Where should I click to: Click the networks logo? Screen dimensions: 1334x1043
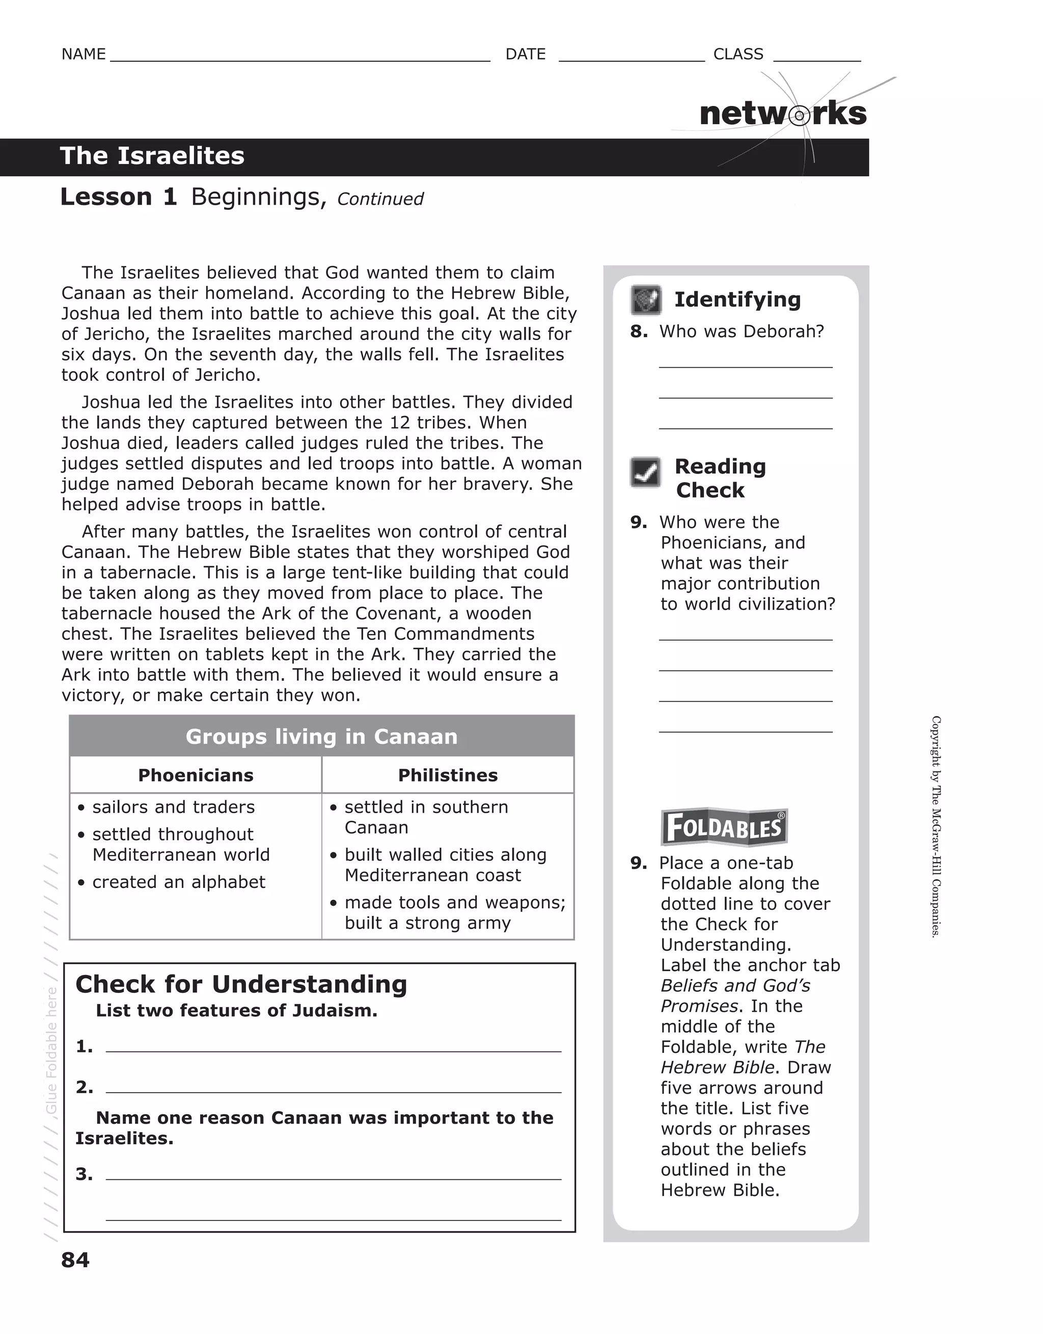point(783,114)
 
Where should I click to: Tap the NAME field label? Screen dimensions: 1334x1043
point(84,54)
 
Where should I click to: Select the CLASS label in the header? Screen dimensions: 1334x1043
point(738,54)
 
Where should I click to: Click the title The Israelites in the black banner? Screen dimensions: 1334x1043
point(152,156)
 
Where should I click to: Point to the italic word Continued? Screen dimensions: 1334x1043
point(380,199)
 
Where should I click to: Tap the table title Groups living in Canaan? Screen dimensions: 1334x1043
point(321,737)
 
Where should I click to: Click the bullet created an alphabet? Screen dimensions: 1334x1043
point(178,882)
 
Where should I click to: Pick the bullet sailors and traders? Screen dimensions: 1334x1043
point(173,807)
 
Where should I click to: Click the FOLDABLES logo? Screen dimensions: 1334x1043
point(724,828)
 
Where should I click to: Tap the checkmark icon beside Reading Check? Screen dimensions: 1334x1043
point(645,472)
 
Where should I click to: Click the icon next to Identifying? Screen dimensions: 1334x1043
point(646,300)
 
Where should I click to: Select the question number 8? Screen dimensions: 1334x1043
point(639,331)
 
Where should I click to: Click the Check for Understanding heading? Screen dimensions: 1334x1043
point(241,985)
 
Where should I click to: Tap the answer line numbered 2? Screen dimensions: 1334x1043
point(333,1088)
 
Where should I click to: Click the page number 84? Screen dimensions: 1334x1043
point(75,1260)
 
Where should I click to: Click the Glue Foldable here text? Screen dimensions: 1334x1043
point(51,1050)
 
